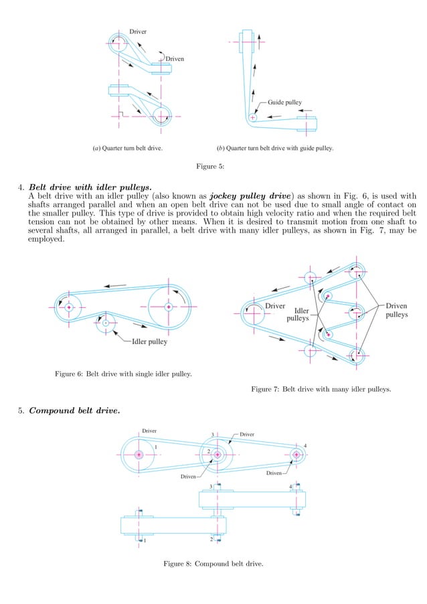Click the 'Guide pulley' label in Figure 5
[284, 102]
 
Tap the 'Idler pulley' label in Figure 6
[145, 341]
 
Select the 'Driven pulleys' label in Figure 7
[396, 310]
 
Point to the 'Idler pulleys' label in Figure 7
[298, 315]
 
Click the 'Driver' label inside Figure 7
[276, 306]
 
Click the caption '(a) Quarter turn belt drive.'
[128, 148]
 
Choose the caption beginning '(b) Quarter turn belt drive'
[274, 148]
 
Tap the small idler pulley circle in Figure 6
[105, 323]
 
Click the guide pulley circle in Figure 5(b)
[252, 117]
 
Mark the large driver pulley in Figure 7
[254, 311]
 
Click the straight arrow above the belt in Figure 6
[115, 285]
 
